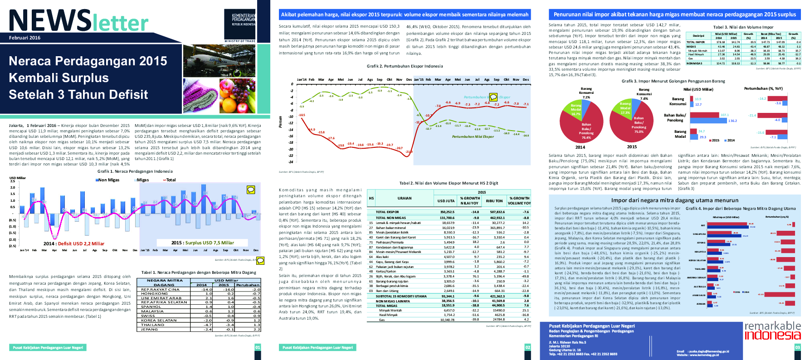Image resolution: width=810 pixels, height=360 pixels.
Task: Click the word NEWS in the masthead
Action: [x=50, y=21]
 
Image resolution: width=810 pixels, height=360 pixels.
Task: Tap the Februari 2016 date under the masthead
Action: [x=24, y=38]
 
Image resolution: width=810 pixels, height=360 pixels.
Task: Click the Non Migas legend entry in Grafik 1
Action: [x=108, y=180]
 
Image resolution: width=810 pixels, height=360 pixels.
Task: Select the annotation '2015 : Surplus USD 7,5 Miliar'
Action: [x=202, y=243]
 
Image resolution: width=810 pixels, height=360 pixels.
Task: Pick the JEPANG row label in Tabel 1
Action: [x=149, y=330]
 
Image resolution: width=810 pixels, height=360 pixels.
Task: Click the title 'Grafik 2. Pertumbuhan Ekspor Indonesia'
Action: [x=405, y=66]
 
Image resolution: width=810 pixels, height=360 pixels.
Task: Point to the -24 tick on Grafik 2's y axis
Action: [x=291, y=162]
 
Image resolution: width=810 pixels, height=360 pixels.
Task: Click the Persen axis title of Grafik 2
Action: [x=280, y=122]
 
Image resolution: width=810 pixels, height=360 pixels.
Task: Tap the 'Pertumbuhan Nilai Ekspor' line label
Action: [x=473, y=136]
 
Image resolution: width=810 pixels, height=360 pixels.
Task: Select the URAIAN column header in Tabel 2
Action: [x=405, y=198]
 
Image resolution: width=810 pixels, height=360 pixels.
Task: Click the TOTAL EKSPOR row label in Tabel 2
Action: [x=387, y=212]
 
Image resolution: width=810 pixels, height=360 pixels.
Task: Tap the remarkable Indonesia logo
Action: [x=772, y=331]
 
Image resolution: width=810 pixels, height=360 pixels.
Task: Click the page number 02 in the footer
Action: [x=527, y=347]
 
